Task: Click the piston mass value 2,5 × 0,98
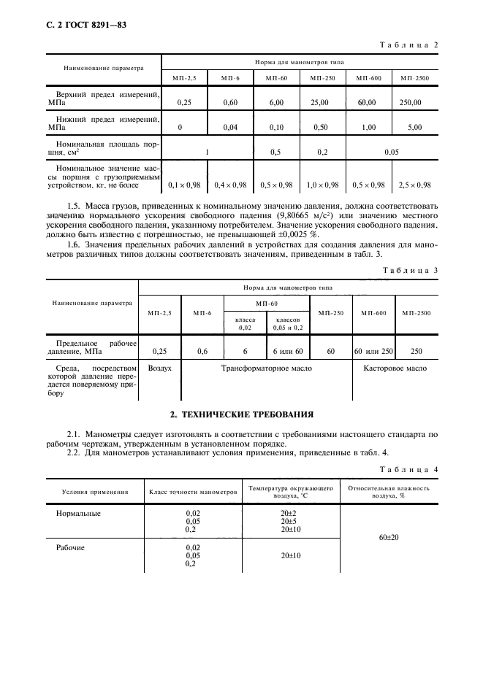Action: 415,185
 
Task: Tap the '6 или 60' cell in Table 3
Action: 288,351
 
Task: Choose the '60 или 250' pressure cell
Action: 374,351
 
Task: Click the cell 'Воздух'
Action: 159,368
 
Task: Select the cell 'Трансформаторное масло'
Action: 267,368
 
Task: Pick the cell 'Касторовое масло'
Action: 395,368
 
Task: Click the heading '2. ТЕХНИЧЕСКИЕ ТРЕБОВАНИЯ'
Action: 241,414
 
